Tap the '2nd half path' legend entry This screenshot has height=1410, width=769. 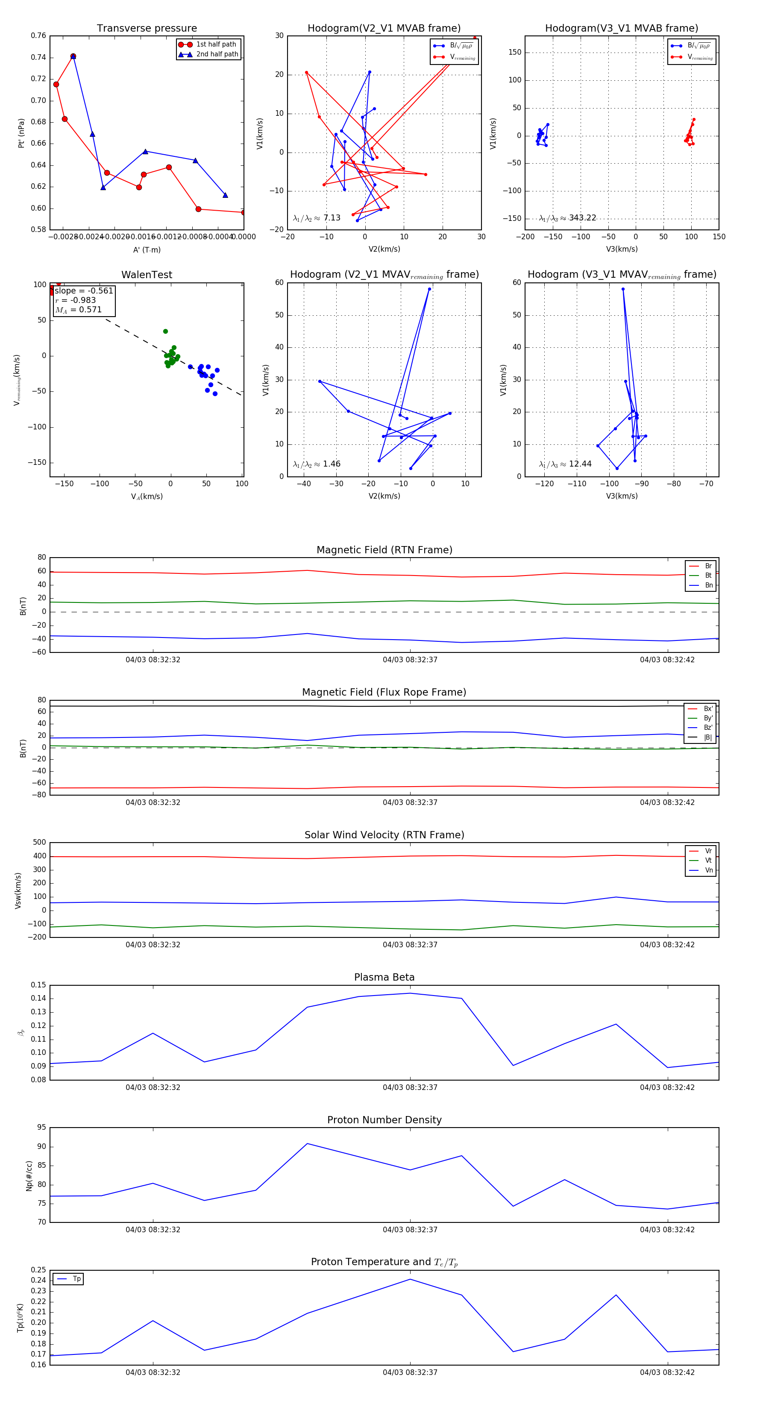pos(217,54)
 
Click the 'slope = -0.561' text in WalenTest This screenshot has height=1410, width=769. pos(84,291)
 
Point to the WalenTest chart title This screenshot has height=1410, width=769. pos(147,275)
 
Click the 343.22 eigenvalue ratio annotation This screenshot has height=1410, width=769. pos(568,218)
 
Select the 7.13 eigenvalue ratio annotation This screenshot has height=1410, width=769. pos(317,218)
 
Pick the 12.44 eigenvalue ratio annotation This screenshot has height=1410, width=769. pos(565,464)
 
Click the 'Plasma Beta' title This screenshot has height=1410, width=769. pos(384,978)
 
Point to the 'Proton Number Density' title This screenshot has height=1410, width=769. pos(384,1120)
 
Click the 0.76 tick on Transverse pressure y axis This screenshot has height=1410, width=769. pos(38,35)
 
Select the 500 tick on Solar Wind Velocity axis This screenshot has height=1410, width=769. pos(39,843)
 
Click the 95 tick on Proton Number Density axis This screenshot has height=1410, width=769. pos(41,1127)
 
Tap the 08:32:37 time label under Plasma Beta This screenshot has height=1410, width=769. pos(410,1087)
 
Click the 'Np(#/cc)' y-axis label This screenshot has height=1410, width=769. pos(29,1176)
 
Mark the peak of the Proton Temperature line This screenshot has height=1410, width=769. pos(410,1279)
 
